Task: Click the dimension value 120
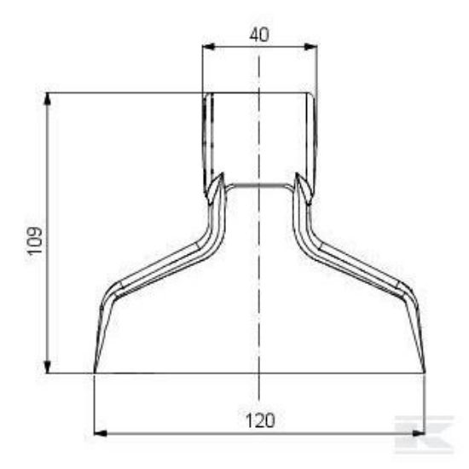pos(258,420)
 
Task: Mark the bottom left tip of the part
pos(94,372)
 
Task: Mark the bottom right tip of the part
pos(424,372)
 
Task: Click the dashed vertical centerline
pos(258,256)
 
